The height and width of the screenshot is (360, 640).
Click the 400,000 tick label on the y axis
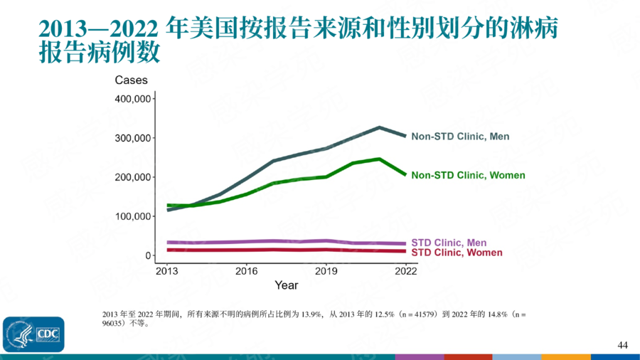click(x=132, y=98)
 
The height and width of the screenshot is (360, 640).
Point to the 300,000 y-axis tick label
click(x=132, y=137)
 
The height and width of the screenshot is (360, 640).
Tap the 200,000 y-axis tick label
click(x=132, y=176)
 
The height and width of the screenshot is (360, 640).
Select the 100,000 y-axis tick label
click(x=132, y=216)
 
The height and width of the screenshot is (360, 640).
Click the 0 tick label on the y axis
click(x=147, y=255)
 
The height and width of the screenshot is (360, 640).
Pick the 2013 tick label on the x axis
click(x=166, y=271)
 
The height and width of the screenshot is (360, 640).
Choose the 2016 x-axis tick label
click(x=246, y=271)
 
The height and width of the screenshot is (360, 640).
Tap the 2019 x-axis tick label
click(x=326, y=271)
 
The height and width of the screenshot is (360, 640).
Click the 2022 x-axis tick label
click(x=405, y=271)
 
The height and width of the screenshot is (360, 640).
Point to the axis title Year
click(x=287, y=285)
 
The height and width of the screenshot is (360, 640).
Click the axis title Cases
click(x=131, y=80)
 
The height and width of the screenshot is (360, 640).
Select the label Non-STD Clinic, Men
click(x=460, y=137)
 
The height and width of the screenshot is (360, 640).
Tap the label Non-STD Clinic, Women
click(x=468, y=175)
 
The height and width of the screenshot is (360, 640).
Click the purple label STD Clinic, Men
click(x=449, y=243)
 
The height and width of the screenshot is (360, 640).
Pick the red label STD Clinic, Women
click(x=457, y=253)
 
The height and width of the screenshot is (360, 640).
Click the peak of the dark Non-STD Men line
click(x=379, y=127)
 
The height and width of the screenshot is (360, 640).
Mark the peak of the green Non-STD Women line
click(x=379, y=159)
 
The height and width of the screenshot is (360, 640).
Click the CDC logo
click(x=33, y=334)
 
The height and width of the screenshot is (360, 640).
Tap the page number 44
click(x=623, y=345)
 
